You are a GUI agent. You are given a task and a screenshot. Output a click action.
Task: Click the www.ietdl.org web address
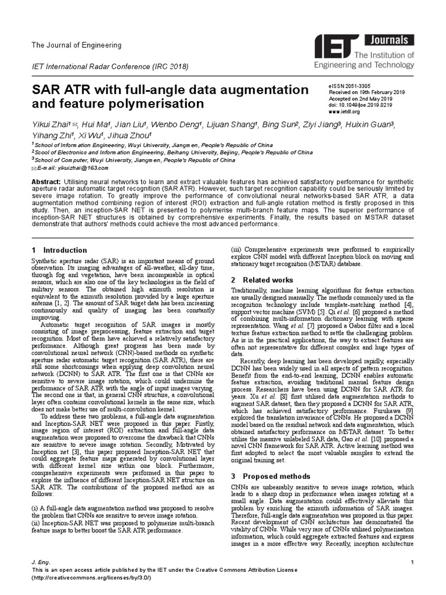click(345, 112)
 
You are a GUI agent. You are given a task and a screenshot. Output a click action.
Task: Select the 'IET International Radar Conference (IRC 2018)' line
click(110, 67)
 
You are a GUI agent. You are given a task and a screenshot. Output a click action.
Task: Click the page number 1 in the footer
click(411, 562)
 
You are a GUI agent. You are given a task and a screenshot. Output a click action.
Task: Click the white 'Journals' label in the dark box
click(393, 41)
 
